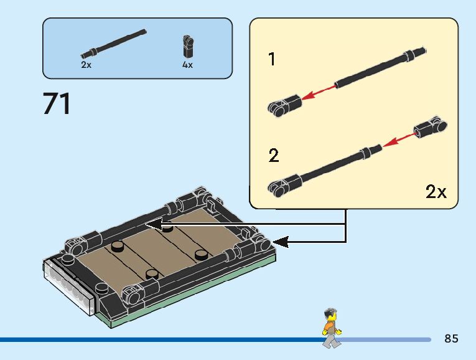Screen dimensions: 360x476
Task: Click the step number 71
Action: pyautogui.click(x=57, y=103)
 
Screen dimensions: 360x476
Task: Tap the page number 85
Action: pyautogui.click(x=451, y=339)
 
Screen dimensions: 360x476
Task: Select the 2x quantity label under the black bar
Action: pyautogui.click(x=86, y=64)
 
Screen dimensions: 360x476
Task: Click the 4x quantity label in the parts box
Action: pyautogui.click(x=187, y=64)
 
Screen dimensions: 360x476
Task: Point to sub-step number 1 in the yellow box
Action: pyautogui.click(x=272, y=60)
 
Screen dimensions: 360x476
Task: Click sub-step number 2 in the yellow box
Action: pyautogui.click(x=273, y=156)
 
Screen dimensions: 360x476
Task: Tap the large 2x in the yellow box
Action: pyautogui.click(x=436, y=192)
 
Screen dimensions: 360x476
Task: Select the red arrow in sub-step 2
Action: pyautogui.click(x=398, y=139)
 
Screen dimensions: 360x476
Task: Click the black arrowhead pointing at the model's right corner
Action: pyautogui.click(x=281, y=241)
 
